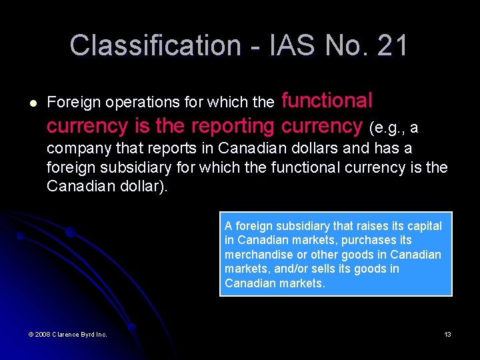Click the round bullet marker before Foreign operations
click(33, 103)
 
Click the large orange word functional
click(327, 101)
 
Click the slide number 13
click(447, 334)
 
